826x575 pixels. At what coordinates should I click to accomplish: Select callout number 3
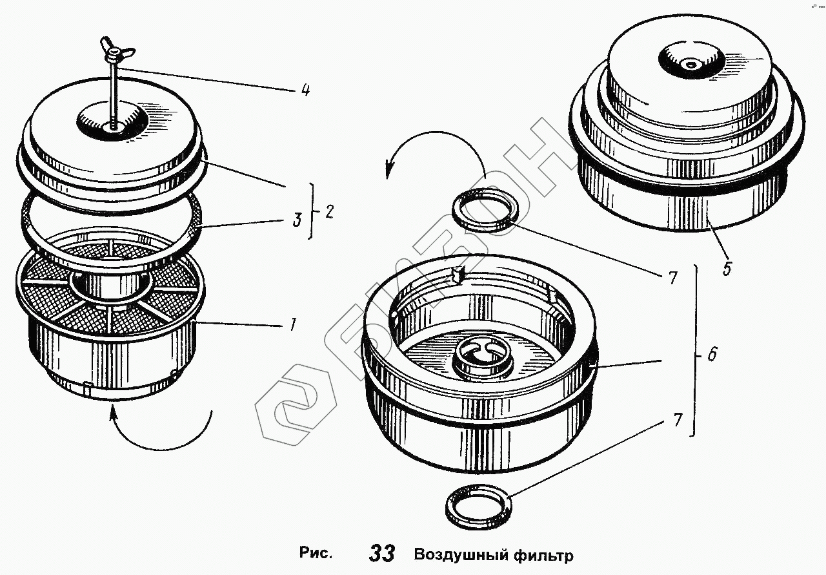(x=296, y=220)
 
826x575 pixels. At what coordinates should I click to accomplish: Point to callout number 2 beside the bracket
(x=329, y=211)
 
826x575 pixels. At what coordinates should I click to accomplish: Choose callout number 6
(x=712, y=355)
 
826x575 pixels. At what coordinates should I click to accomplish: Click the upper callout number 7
(x=672, y=278)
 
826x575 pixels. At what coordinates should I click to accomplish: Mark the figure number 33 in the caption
(x=382, y=554)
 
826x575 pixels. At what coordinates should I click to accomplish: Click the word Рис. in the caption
(x=316, y=553)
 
